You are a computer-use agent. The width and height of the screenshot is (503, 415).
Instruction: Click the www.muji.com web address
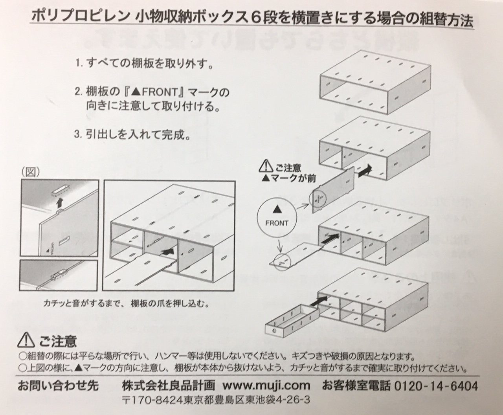(266, 386)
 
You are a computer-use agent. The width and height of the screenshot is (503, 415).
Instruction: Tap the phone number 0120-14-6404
(436, 386)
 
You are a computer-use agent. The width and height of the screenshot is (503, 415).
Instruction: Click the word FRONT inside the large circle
(277, 223)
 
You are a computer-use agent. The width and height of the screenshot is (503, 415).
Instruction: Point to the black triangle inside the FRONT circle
(277, 210)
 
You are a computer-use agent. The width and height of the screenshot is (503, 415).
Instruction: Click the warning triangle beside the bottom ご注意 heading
(27, 340)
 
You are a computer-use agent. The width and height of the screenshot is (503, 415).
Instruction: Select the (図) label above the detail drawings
(30, 173)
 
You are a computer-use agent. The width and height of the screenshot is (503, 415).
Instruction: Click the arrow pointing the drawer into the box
(319, 302)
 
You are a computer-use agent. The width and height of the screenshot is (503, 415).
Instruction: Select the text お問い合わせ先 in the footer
(58, 386)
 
